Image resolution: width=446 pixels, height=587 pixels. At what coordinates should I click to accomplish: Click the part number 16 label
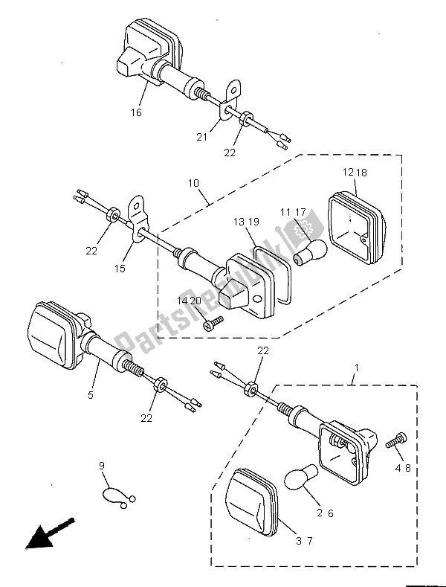pyautogui.click(x=136, y=112)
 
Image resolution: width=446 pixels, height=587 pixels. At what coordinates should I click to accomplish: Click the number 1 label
pyautogui.click(x=356, y=368)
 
